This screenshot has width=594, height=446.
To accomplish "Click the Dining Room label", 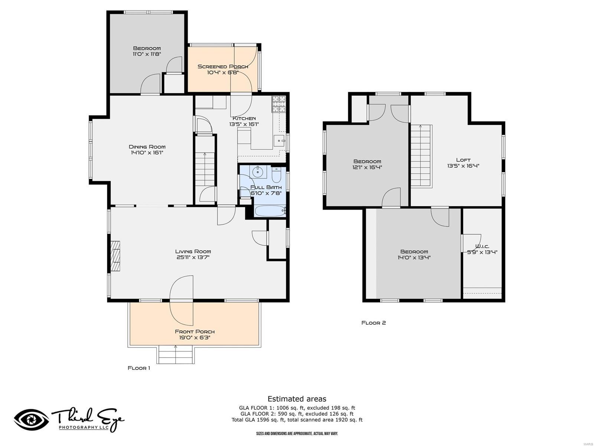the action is point(147,147).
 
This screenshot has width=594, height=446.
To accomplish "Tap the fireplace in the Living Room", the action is point(115,256).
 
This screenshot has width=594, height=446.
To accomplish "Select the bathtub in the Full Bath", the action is point(270,211).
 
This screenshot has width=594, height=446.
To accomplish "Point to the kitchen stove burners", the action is point(279,104).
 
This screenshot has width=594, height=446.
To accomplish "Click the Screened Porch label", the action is point(223,67).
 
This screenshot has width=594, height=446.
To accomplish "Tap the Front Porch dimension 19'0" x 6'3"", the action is point(195,337).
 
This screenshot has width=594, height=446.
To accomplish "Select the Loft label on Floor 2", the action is point(463,160).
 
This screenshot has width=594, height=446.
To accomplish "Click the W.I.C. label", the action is point(482,246).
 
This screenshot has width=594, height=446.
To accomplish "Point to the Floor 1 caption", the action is point(139,368).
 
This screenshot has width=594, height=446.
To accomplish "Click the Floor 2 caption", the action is point(374,323).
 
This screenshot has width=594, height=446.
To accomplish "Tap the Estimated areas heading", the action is point(297,399).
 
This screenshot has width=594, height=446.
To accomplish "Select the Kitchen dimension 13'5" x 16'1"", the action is point(244,124).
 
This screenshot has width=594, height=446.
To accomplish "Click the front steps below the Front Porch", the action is point(176,355).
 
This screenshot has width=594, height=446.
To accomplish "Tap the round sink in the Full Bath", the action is point(258,171).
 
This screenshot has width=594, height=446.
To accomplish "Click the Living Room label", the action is point(193,252).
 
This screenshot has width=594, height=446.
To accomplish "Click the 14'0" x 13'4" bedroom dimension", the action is point(414,258).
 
